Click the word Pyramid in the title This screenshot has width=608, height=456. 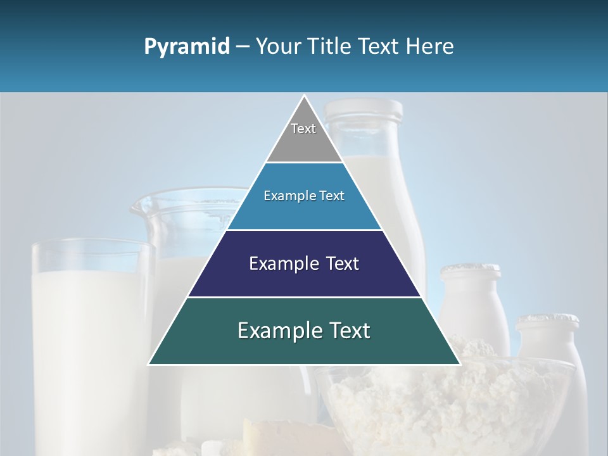pos(186,47)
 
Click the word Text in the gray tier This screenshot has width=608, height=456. pos(303,129)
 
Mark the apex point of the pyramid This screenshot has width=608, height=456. pos(304,96)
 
